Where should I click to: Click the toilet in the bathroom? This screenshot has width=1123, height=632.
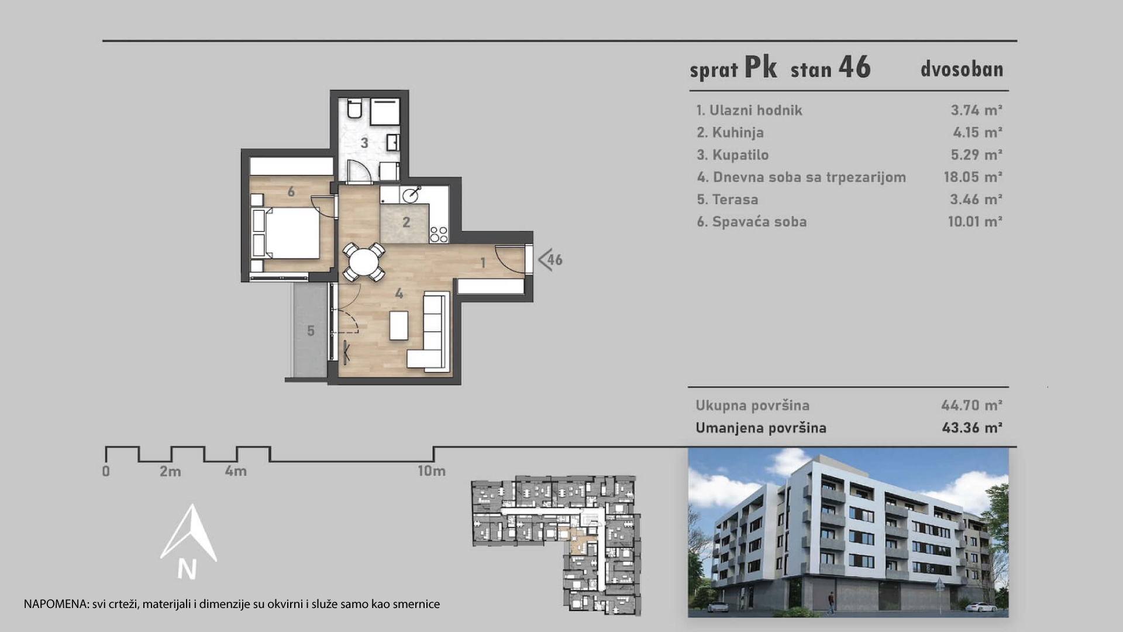tap(354, 108)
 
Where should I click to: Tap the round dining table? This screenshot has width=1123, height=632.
tap(364, 261)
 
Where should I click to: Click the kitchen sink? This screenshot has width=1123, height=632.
tap(412, 195)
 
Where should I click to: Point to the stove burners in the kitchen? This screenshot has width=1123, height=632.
tap(439, 235)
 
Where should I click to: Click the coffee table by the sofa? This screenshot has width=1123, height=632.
tap(399, 325)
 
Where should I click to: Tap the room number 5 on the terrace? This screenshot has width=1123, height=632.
tap(311, 331)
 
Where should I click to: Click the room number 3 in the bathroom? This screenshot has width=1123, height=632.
tap(364, 143)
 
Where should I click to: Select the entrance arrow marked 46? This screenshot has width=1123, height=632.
tap(550, 259)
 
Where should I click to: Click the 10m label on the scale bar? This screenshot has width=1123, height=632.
tap(432, 471)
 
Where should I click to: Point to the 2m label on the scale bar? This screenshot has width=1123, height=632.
tap(170, 471)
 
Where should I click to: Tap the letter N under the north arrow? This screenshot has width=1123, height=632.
tap(187, 569)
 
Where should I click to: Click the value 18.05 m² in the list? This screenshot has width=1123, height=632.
tap(973, 177)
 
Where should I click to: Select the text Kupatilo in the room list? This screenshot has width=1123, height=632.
tap(740, 155)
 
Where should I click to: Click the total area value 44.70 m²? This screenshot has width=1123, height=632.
tap(972, 405)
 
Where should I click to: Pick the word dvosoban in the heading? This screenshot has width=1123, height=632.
tap(962, 69)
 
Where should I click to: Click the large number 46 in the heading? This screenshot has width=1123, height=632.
tap(855, 67)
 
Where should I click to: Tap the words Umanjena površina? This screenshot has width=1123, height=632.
tap(761, 428)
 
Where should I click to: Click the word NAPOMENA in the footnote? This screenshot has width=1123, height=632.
tap(56, 604)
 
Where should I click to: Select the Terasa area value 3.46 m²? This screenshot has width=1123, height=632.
tap(976, 200)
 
